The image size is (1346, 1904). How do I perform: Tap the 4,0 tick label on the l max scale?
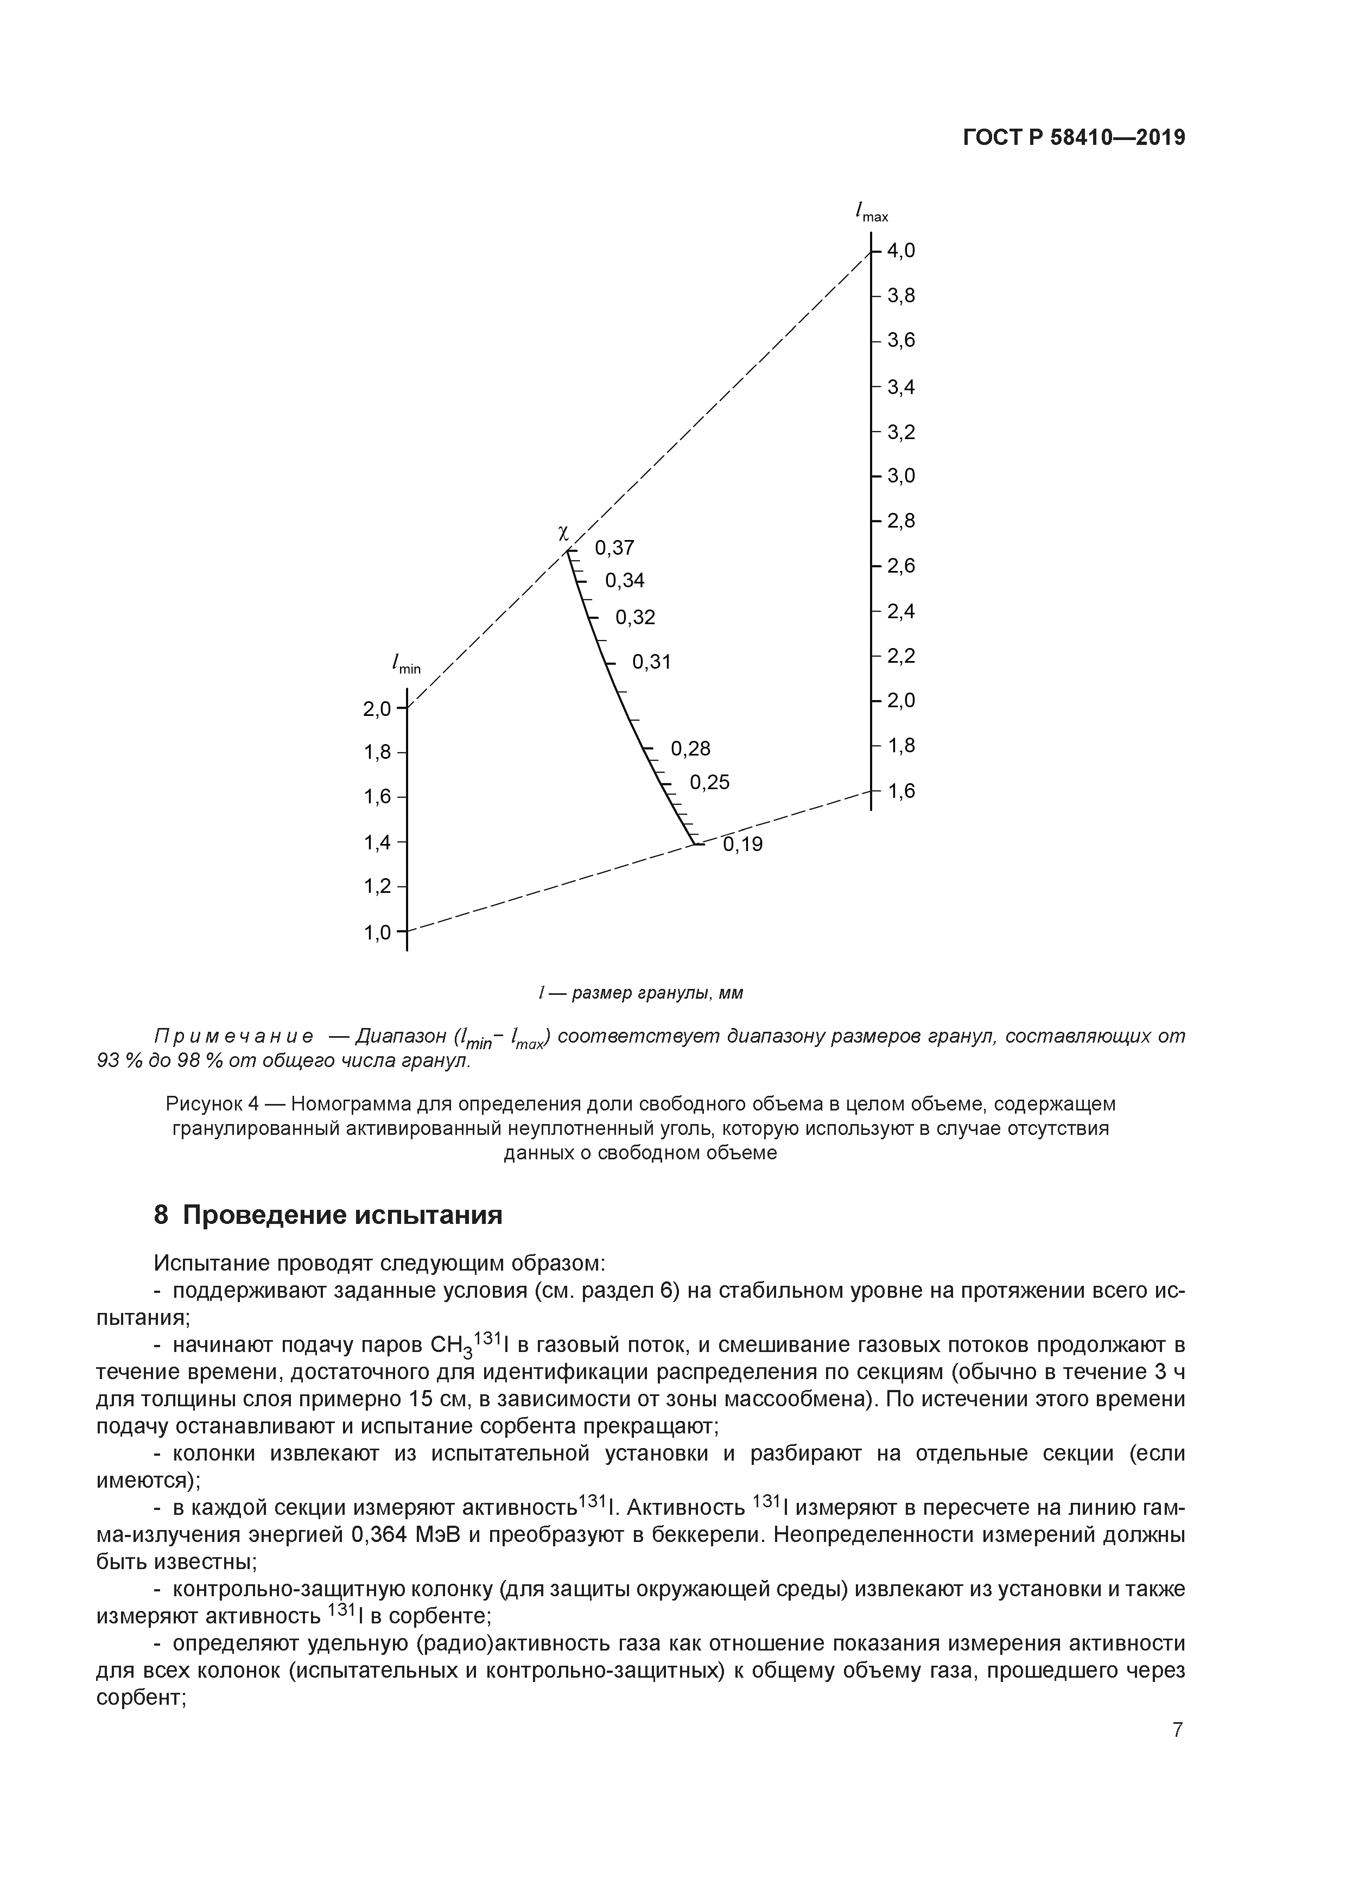[x=900, y=250]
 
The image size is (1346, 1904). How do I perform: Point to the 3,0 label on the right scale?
[x=900, y=476]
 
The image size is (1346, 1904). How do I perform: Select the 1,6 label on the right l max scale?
[x=900, y=791]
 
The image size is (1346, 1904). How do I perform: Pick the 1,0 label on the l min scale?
[x=377, y=933]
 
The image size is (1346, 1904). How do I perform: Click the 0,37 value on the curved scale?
[x=614, y=547]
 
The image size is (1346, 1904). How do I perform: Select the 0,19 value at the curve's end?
[x=742, y=845]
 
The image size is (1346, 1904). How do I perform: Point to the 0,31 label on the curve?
[x=651, y=662]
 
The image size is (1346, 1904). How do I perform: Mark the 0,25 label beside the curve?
[x=709, y=782]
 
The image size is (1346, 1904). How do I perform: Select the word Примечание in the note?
[x=233, y=1037]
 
